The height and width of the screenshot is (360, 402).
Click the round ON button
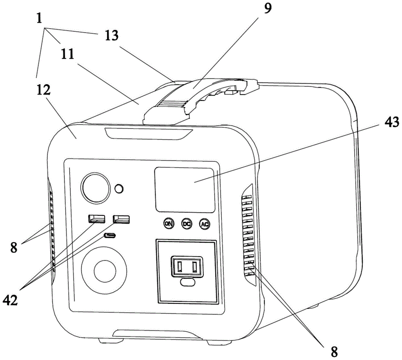(169, 223)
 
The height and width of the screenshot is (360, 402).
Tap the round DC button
(187, 224)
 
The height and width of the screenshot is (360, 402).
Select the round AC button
(204, 224)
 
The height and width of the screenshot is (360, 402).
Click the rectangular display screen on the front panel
(185, 190)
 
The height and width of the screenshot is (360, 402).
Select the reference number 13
(111, 36)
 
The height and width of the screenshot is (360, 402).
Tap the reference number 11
(68, 54)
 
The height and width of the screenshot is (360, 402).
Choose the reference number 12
(43, 90)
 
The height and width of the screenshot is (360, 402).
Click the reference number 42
(10, 299)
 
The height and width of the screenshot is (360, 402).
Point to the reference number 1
(39, 18)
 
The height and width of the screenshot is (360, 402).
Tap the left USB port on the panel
(96, 219)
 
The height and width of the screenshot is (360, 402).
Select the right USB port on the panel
(121, 220)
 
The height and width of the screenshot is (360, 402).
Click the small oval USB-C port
(110, 235)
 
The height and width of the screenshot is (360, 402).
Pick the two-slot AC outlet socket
(187, 267)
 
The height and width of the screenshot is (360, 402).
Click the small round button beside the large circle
(119, 189)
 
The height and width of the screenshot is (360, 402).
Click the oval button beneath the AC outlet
(188, 282)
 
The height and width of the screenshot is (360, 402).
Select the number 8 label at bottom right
(334, 352)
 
